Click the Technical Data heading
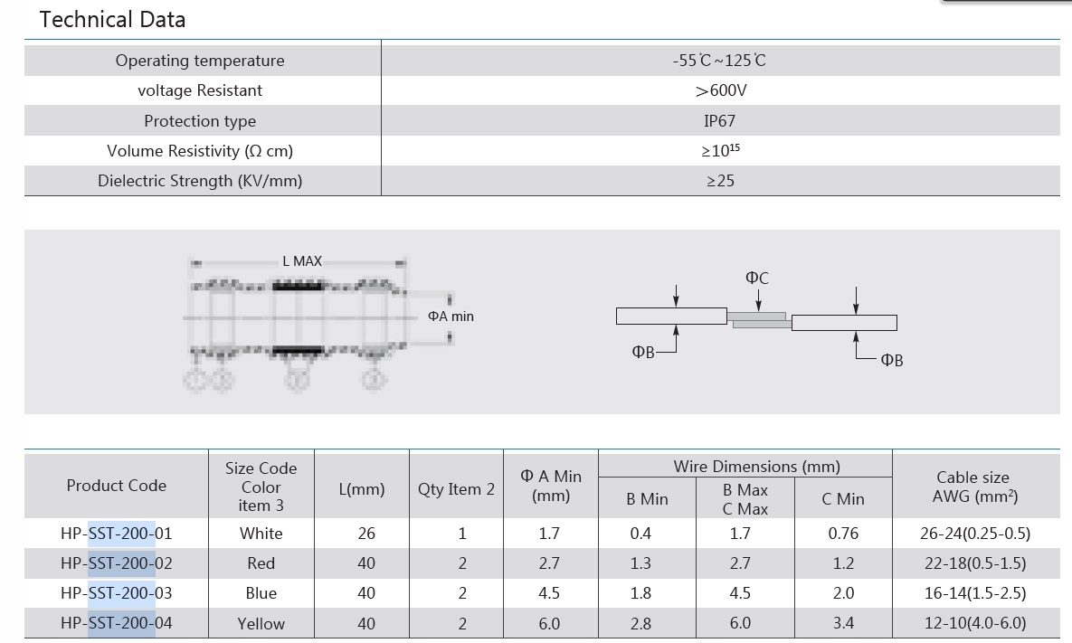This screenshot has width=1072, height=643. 112,19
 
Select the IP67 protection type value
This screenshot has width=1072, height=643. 720,121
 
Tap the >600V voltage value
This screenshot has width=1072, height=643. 721,90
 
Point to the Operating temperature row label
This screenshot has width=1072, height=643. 200,60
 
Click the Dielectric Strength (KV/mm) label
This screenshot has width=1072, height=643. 200,180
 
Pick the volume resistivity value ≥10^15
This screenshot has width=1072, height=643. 721,150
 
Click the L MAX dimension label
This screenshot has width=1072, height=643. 302,261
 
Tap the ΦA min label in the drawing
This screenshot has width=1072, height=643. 451,317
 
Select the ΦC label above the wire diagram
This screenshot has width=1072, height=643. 757,279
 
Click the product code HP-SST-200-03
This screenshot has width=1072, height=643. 116,593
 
